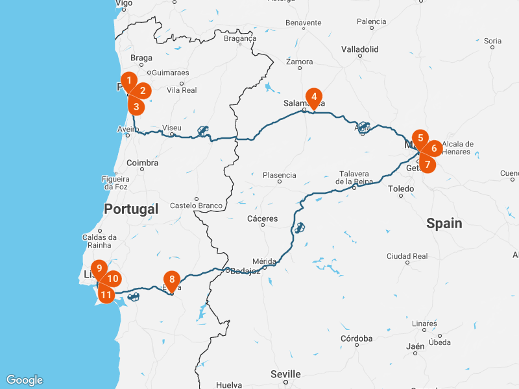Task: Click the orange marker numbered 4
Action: click(x=314, y=98)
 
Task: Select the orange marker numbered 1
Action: click(x=129, y=81)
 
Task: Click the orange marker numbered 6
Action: click(x=433, y=148)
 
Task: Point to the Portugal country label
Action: click(x=130, y=209)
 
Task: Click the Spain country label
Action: click(x=444, y=224)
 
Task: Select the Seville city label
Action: click(x=285, y=374)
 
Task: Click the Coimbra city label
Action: click(x=143, y=163)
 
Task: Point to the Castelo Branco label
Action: click(x=196, y=206)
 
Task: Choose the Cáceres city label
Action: click(x=262, y=218)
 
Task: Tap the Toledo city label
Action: click(x=400, y=189)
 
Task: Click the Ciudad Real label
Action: click(x=407, y=255)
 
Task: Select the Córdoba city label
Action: click(x=356, y=338)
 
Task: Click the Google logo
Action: click(x=25, y=380)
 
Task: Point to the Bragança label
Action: click(x=240, y=38)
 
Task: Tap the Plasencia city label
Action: click(x=279, y=175)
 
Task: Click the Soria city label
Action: click(x=492, y=41)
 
